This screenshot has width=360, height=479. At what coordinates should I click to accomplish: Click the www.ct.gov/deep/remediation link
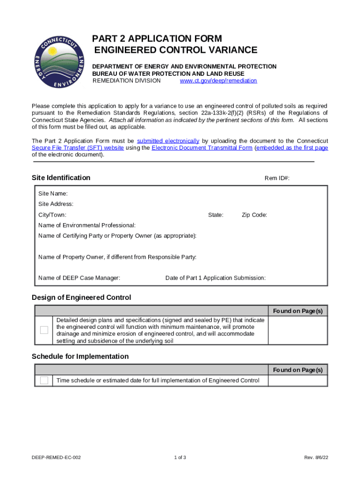218,80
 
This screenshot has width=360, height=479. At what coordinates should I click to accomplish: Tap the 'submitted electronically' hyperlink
168,141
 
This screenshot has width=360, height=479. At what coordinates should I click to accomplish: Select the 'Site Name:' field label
53,194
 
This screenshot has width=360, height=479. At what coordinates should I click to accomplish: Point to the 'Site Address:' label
56,204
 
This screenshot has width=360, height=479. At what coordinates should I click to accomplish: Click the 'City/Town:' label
52,215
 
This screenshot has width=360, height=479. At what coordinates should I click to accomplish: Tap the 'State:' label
216,215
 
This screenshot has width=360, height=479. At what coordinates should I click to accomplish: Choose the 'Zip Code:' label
254,215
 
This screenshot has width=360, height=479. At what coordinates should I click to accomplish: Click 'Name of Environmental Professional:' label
87,225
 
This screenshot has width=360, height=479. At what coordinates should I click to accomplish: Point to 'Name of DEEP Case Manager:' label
79,278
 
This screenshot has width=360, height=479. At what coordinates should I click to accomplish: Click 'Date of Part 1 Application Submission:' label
215,278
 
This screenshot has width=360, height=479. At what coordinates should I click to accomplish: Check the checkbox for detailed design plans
44,330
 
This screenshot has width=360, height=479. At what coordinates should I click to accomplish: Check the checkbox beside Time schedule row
44,380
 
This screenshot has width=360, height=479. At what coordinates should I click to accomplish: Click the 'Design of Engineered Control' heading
81,298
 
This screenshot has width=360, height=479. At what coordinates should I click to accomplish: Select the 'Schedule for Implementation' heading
80,356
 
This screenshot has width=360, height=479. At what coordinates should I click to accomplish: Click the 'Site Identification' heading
61,178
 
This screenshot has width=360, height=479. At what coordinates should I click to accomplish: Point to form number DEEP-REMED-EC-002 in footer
56,457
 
